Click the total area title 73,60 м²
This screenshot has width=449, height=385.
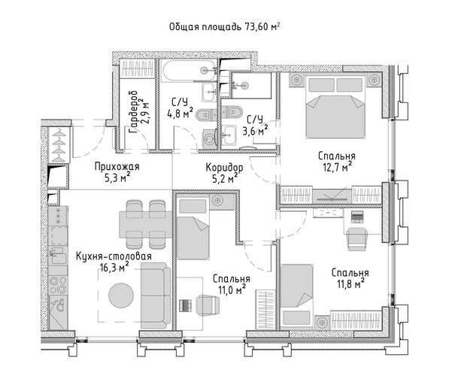(224, 27)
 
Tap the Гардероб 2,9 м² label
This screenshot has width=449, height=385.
(140, 112)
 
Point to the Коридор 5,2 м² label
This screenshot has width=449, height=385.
(224, 173)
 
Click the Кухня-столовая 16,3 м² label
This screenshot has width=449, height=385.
(114, 262)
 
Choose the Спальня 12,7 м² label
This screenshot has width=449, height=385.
(337, 162)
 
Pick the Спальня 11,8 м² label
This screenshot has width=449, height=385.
(350, 278)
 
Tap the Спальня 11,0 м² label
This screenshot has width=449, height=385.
(232, 284)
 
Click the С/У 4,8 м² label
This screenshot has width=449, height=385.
(180, 108)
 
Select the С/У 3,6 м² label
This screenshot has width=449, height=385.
(256, 125)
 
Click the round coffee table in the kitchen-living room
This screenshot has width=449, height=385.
(121, 296)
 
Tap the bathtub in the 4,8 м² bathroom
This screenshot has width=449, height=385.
(188, 70)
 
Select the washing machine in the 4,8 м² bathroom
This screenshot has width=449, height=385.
(210, 138)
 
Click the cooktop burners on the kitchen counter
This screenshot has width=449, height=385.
(58, 285)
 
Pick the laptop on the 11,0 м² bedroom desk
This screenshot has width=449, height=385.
(185, 305)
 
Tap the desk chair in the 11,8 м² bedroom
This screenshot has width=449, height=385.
(356, 238)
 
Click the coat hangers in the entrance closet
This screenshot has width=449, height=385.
(59, 145)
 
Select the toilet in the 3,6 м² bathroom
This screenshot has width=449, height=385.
(232, 111)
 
